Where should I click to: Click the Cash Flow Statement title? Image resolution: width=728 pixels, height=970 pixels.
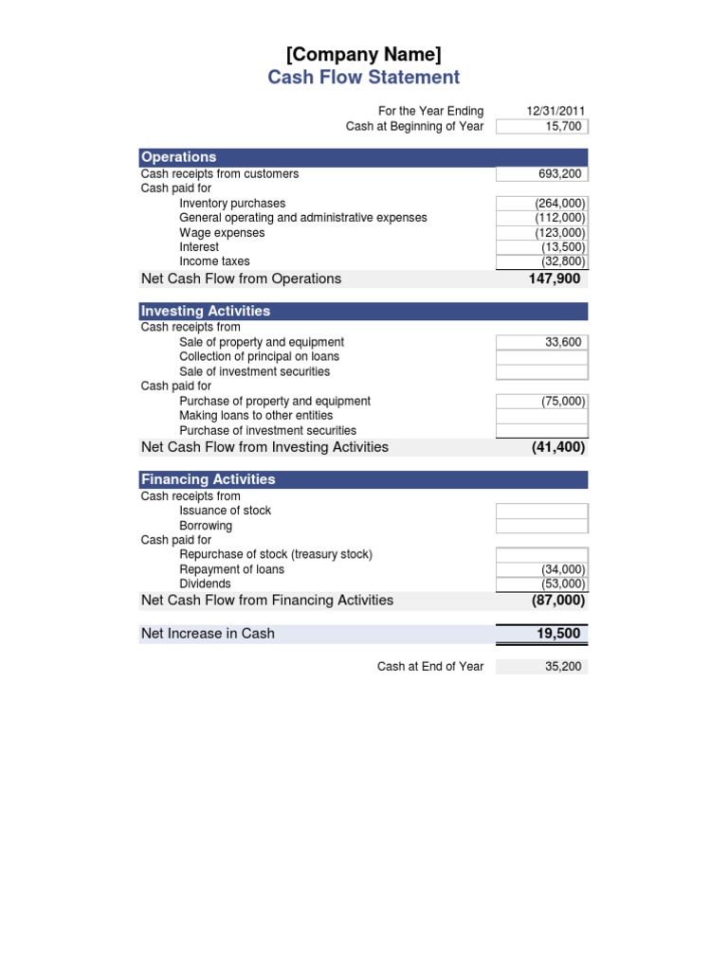point(363,78)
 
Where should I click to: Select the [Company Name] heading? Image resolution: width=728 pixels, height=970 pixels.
point(363,53)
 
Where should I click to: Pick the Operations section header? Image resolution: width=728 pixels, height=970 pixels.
point(178,157)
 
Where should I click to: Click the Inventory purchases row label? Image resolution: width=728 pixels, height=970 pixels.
point(232,204)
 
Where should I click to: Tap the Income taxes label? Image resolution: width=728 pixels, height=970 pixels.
point(214,261)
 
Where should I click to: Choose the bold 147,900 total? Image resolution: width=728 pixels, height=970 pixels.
point(554,279)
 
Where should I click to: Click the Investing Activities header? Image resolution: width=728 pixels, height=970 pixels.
point(205,311)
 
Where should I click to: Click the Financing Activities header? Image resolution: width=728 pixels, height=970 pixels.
point(208,479)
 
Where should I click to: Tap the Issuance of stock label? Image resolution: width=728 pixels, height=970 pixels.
point(225,511)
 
